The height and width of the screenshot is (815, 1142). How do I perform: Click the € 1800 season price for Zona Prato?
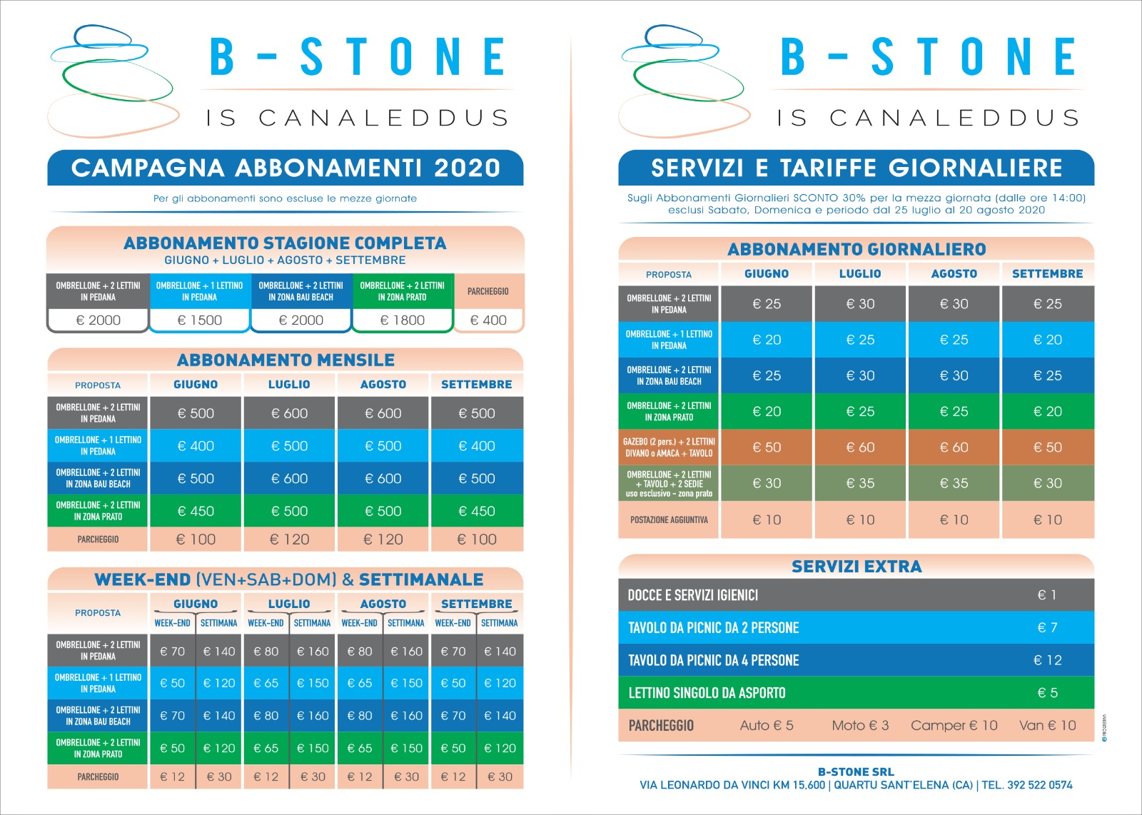[403, 320]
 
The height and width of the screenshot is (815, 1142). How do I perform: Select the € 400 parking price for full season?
[488, 320]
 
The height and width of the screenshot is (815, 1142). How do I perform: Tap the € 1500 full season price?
[199, 320]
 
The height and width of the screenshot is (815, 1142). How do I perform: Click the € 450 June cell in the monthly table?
[196, 511]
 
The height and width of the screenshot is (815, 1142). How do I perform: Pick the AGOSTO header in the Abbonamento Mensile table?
[383, 385]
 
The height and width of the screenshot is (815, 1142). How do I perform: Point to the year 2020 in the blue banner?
[467, 168]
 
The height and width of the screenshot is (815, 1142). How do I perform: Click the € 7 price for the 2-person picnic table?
[1048, 627]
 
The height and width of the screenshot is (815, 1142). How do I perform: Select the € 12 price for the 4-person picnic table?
[1048, 660]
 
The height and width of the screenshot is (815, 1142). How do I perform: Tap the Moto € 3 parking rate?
[860, 725]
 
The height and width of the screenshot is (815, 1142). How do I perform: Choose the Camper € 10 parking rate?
[954, 725]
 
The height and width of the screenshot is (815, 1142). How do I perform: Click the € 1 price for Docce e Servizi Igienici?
[1046, 594]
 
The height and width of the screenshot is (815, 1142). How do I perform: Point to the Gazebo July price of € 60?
[860, 447]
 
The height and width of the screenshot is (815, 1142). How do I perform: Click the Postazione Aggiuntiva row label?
[669, 520]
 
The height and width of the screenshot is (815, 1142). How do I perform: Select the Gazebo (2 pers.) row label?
[669, 447]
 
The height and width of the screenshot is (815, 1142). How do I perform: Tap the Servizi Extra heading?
[856, 566]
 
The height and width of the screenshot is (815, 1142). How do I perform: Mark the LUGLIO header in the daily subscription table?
[860, 274]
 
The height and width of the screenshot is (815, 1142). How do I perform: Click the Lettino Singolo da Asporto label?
[707, 693]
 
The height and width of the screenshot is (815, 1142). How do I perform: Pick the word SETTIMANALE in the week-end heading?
[421, 579]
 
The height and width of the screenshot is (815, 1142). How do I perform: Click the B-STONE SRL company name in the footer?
[856, 771]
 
